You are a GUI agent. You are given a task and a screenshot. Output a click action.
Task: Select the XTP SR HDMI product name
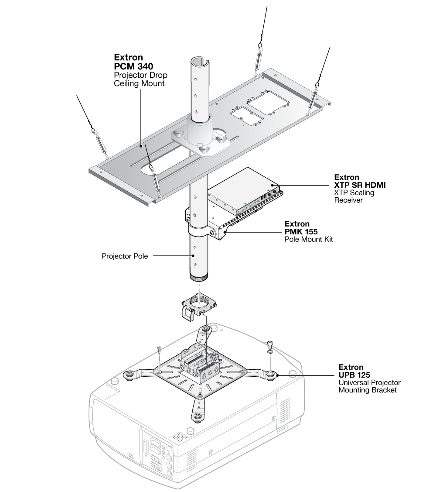pyautogui.click(x=360, y=185)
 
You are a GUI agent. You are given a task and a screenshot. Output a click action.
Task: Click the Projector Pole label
pyautogui.click(x=125, y=256)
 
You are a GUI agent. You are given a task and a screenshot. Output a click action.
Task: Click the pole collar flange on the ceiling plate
pyautogui.click(x=201, y=140)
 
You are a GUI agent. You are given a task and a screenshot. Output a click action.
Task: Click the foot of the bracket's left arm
pyautogui.click(x=129, y=374)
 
